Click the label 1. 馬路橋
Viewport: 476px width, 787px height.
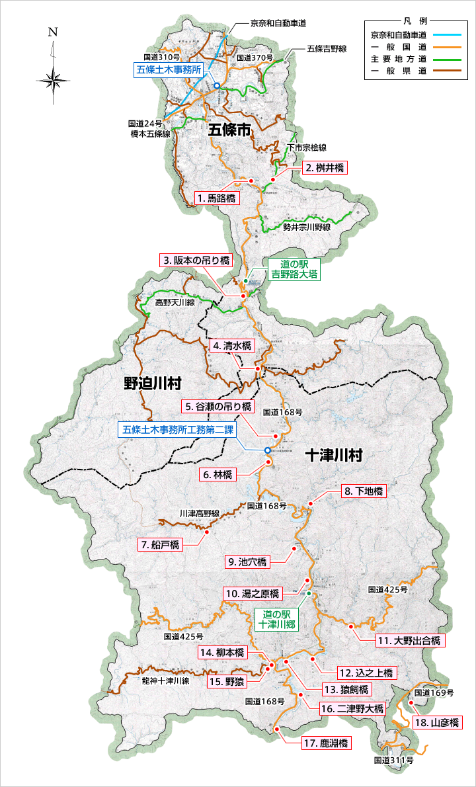point(218,198)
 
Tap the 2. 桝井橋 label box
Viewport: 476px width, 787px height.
point(325,168)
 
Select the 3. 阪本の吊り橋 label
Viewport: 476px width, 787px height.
point(196,261)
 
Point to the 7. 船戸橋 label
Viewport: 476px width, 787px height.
point(159,545)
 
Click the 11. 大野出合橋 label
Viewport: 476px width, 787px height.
point(411,641)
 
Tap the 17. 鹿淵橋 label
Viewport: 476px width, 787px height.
point(327,743)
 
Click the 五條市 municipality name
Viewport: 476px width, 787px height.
point(229,130)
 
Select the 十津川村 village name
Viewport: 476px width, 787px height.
point(334,456)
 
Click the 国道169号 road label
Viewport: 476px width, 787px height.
point(434,693)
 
